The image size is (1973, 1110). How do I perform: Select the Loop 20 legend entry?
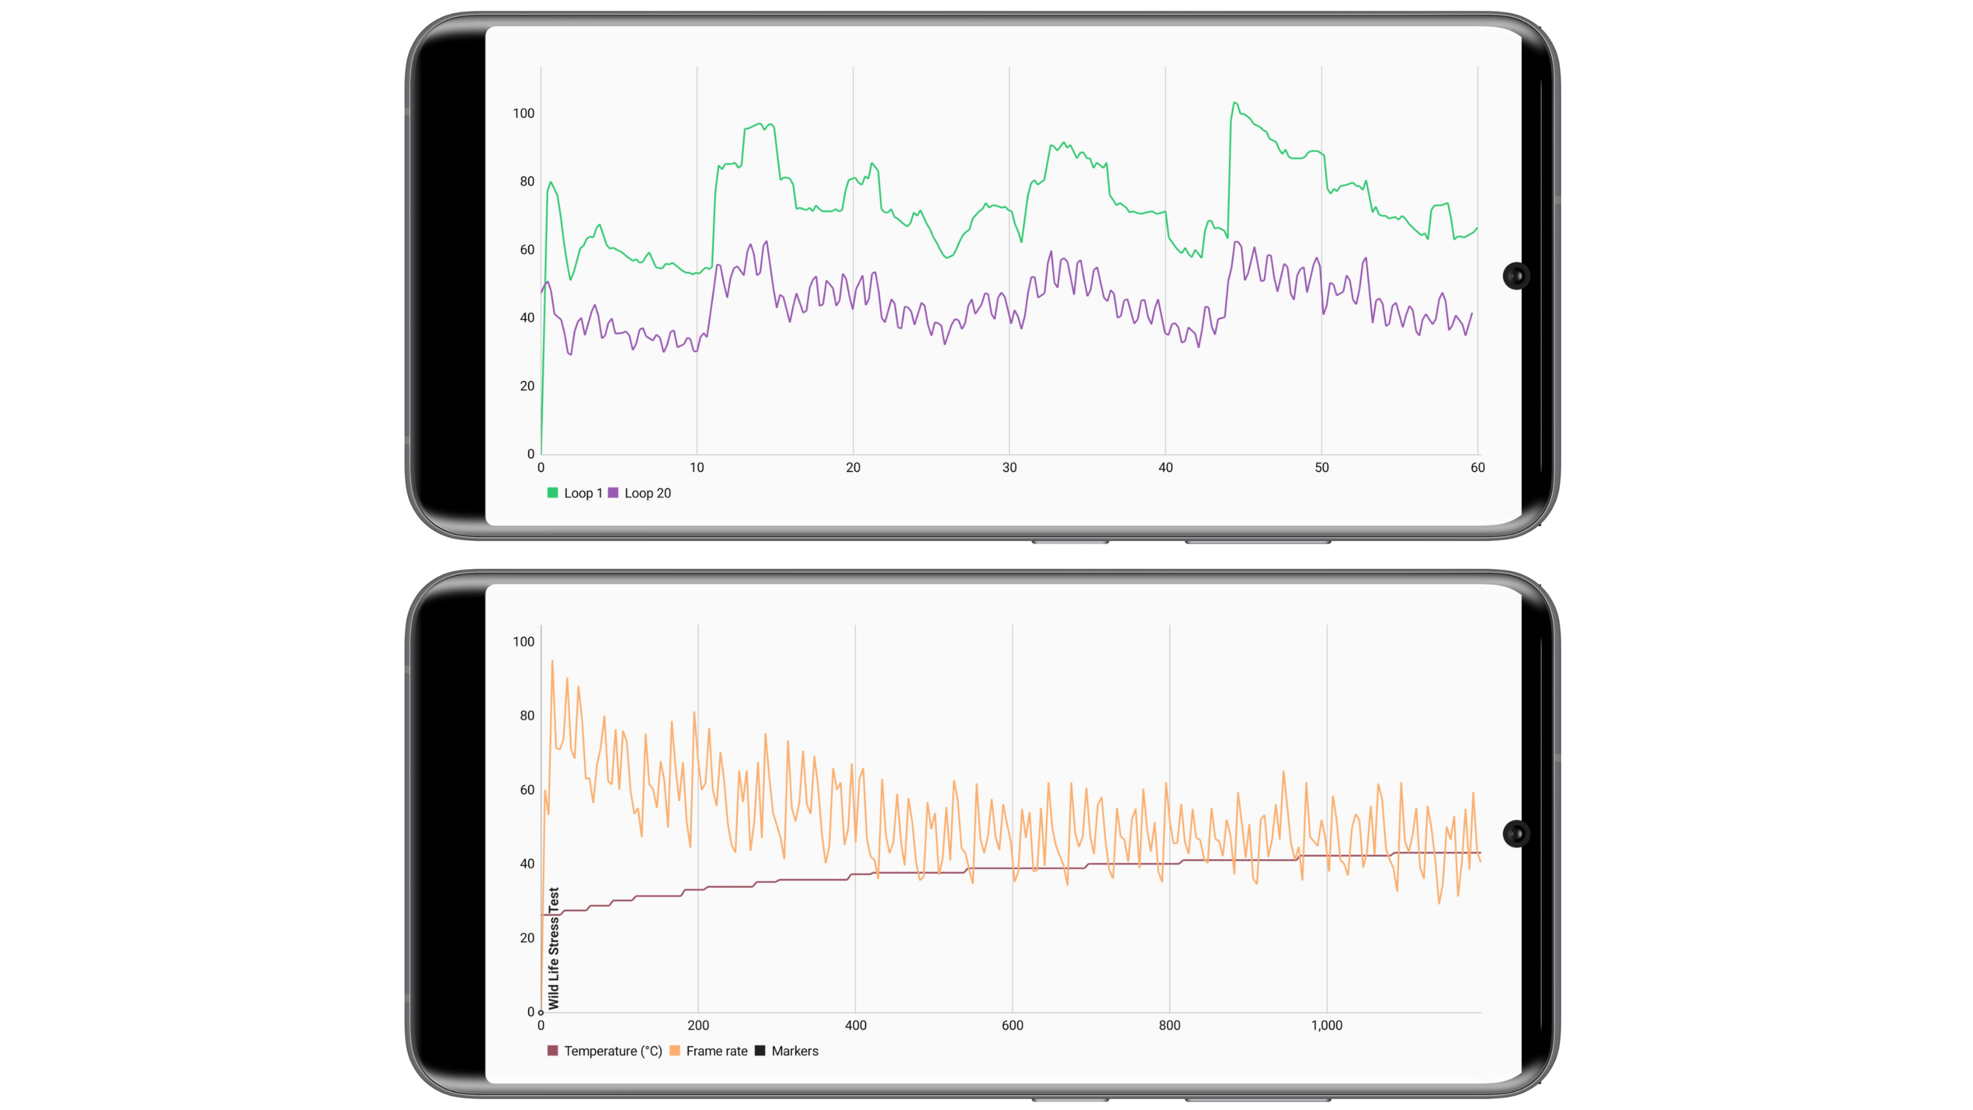640,493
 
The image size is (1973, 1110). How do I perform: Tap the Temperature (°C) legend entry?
605,1051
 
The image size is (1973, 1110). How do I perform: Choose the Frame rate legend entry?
709,1051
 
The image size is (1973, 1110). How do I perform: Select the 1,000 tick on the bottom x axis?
1327,1026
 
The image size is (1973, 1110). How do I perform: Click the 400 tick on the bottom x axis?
855,1026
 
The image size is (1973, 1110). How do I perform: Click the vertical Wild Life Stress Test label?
554,948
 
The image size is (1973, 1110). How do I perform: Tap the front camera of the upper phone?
1516,276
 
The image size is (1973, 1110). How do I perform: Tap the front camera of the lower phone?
1516,834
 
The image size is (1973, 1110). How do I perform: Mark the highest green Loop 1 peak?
1234,103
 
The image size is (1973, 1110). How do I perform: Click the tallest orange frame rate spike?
552,661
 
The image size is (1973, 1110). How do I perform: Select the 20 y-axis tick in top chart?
527,386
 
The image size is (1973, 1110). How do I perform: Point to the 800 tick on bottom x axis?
1169,1026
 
